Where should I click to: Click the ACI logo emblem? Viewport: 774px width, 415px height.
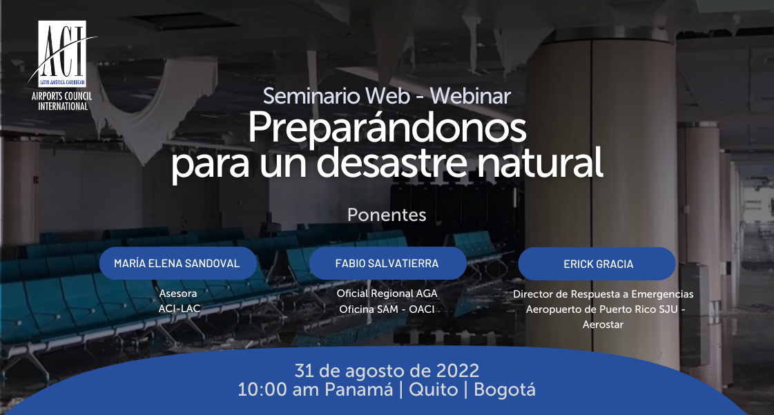click(62, 54)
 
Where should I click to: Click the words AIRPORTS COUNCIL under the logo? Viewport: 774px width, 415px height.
click(61, 96)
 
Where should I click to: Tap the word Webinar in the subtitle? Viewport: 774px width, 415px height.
click(470, 96)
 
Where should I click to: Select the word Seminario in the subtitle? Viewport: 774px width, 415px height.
click(311, 96)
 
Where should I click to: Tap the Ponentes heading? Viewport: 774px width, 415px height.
click(387, 215)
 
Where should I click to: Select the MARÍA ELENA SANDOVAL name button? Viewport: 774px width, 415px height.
click(177, 264)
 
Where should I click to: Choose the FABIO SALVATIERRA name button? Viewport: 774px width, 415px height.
click(387, 264)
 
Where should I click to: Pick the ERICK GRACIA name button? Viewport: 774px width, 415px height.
click(597, 264)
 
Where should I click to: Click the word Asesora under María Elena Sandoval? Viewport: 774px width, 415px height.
click(177, 293)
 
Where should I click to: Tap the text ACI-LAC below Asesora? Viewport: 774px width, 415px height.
click(180, 309)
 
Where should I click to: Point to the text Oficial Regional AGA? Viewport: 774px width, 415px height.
click(387, 293)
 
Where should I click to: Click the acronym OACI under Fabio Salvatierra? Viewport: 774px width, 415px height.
click(422, 309)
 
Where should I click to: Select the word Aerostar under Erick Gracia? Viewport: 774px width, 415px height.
click(603, 325)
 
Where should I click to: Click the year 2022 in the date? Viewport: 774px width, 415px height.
click(458, 371)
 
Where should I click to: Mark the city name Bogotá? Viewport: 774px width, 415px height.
click(505, 390)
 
